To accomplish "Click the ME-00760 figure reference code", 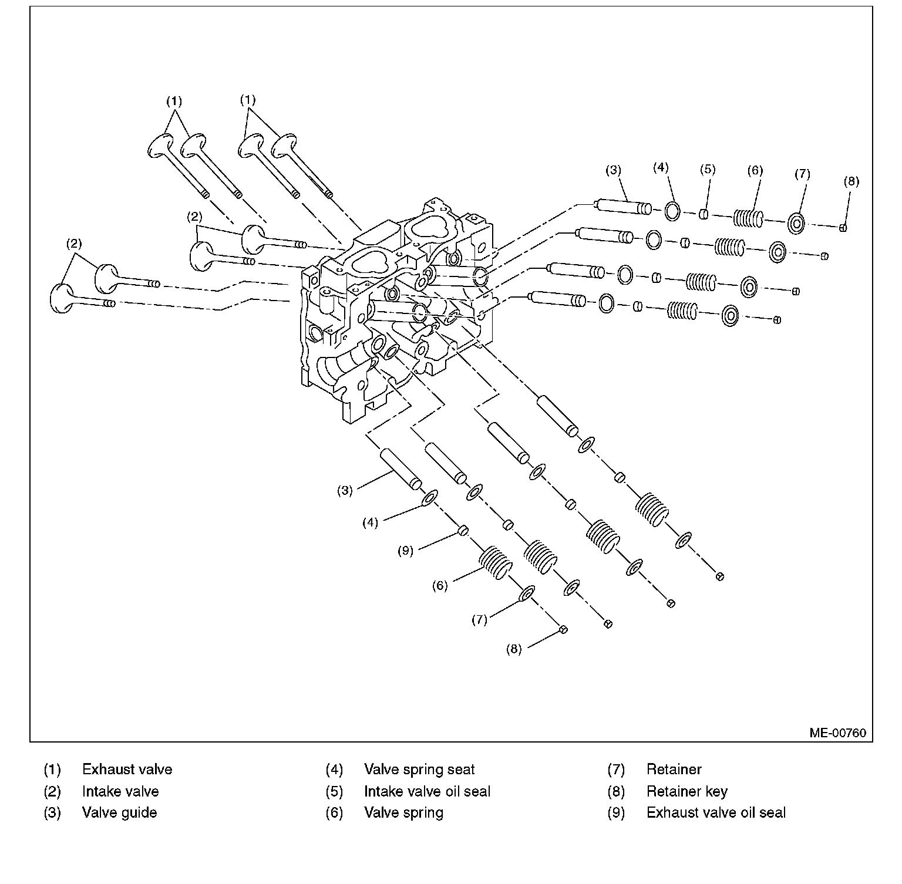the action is coord(837,733).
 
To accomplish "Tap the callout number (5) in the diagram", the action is coord(708,170).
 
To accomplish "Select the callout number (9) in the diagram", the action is coord(405,551).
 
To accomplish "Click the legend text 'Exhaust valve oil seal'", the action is coord(716,812).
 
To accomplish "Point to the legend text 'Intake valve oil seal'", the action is coord(427,791).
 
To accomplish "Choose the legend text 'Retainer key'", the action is coord(686,792).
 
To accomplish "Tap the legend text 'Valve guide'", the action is coord(119,813).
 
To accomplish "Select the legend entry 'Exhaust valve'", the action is coord(127,770).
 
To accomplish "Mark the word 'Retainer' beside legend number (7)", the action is coord(674,770).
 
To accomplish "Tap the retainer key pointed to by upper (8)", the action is coord(843,228).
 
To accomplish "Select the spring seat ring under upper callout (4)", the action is coord(672,211).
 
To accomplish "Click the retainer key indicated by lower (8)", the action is coord(563,629).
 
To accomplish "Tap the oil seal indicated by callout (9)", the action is coord(463,531).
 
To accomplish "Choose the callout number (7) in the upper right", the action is coord(802,174).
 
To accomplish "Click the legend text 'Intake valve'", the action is coord(120,791).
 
